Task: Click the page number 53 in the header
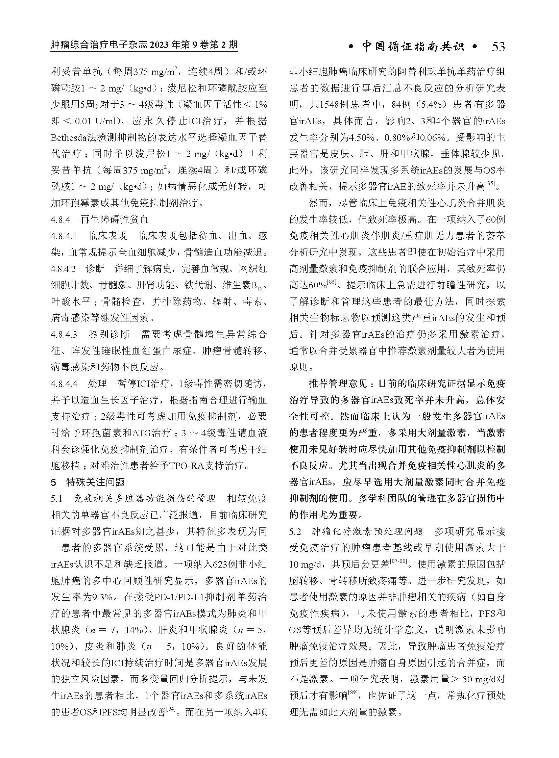[498, 47]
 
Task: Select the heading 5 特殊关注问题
[88, 482]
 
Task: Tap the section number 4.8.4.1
[64, 236]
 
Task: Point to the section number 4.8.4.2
[64, 269]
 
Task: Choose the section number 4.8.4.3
[64, 335]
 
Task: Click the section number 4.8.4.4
[64, 384]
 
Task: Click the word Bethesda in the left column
[67, 138]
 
